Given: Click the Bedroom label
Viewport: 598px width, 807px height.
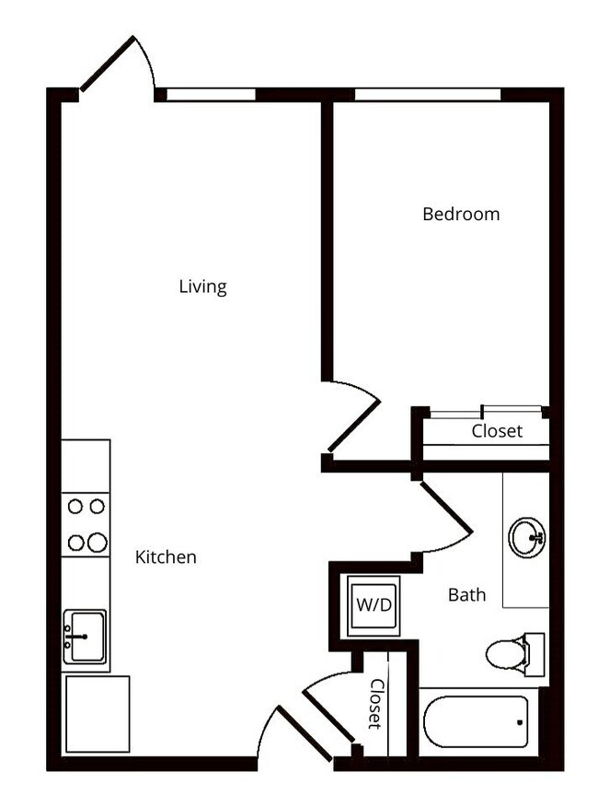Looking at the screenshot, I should pyautogui.click(x=461, y=214).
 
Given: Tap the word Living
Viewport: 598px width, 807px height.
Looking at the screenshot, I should pyautogui.click(x=202, y=287).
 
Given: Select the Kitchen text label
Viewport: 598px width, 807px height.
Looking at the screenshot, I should pyautogui.click(x=166, y=556).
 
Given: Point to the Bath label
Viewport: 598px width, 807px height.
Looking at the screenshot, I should pyautogui.click(x=466, y=595).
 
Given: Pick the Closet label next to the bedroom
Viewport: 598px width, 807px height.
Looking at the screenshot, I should pyautogui.click(x=497, y=430).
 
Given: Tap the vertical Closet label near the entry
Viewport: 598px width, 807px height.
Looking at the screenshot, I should pyautogui.click(x=376, y=703).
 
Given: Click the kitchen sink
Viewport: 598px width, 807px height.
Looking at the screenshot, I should pyautogui.click(x=86, y=637).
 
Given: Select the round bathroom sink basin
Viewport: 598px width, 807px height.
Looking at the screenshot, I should pyautogui.click(x=526, y=537).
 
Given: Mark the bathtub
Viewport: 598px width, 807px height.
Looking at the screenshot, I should pyautogui.click(x=476, y=720).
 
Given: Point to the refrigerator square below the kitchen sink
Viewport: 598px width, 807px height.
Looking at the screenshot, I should pyautogui.click(x=96, y=713).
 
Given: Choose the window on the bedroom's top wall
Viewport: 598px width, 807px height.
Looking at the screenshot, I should pyautogui.click(x=428, y=94).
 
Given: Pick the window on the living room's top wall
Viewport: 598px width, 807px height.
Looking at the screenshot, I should pyautogui.click(x=211, y=94).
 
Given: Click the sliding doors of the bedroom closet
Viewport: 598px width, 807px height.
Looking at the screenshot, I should pyautogui.click(x=485, y=413).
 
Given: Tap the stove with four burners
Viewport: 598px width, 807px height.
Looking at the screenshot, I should pyautogui.click(x=86, y=524).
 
